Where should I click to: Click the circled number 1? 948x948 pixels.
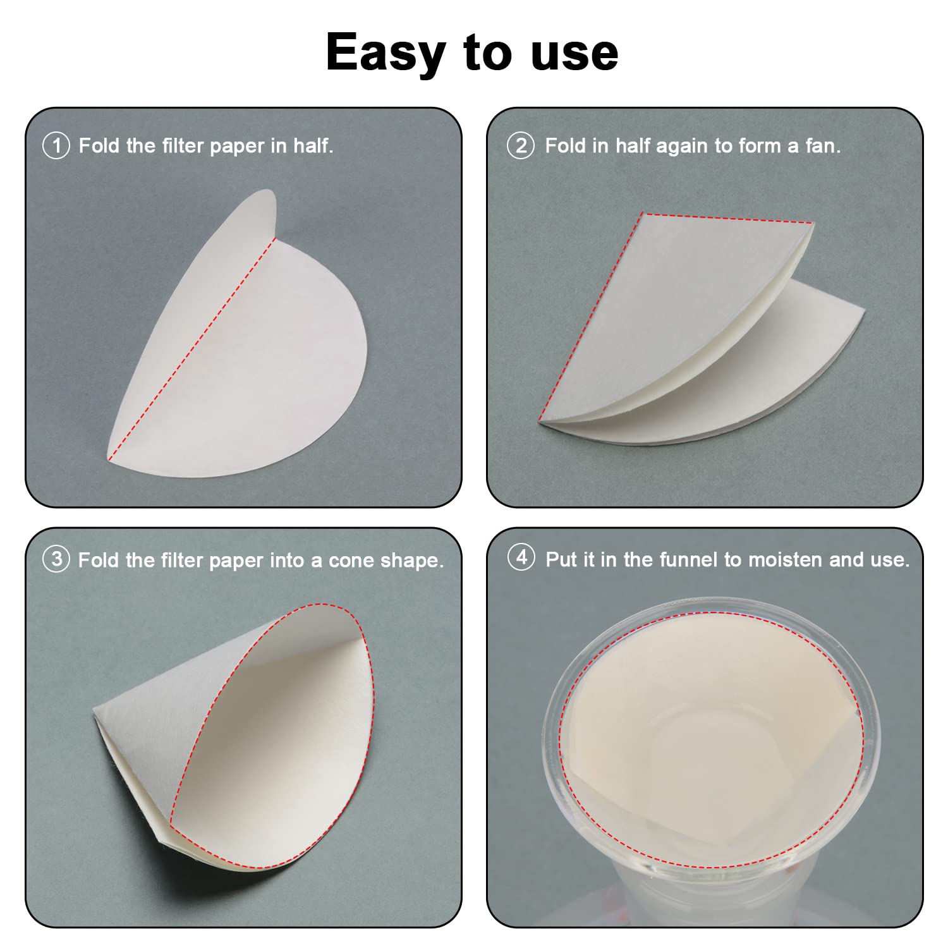click(56, 146)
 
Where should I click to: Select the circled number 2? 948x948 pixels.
click(520, 146)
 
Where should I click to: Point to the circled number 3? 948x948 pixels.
click(56, 559)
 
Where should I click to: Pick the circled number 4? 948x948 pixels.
click(521, 558)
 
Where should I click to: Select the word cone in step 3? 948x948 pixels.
click(351, 561)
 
